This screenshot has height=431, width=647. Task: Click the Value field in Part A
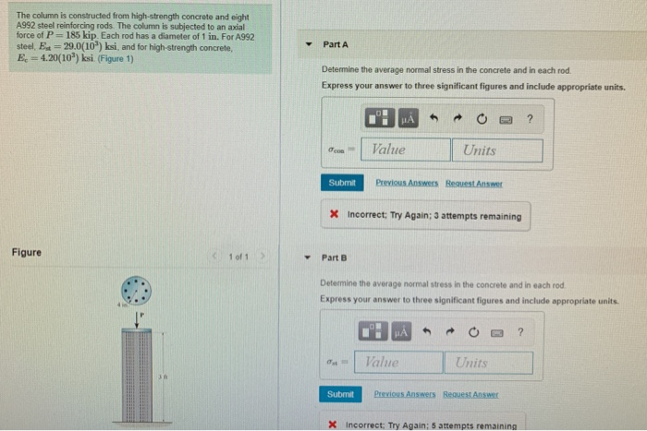(408, 150)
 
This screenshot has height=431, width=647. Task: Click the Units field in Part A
(496, 150)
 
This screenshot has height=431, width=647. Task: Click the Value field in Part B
(398, 363)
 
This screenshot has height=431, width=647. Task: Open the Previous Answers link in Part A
(408, 183)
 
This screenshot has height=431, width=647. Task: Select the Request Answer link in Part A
(474, 183)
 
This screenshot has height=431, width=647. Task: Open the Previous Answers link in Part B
(407, 394)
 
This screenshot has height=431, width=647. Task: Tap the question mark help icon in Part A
(529, 118)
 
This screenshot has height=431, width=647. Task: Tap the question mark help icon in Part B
(519, 331)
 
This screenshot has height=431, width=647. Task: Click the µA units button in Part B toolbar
(400, 331)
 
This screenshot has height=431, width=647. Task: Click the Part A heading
(336, 45)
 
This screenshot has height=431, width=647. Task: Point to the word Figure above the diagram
(26, 252)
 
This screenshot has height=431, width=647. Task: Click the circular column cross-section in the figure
(139, 293)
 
